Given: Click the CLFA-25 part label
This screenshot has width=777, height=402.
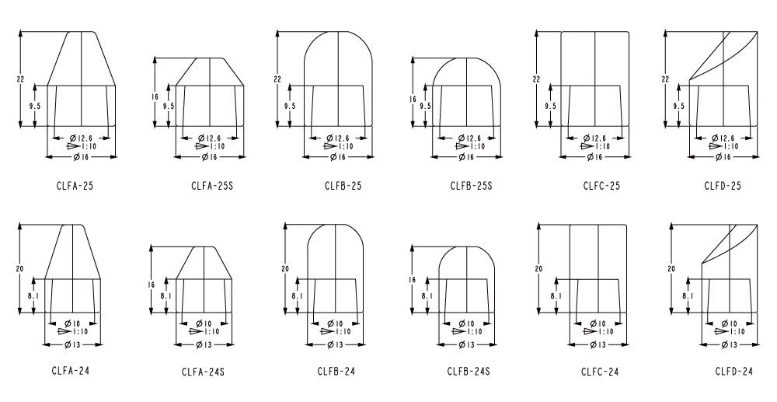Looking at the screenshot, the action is tap(75, 187).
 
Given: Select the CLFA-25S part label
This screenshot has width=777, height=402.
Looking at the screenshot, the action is tap(212, 187).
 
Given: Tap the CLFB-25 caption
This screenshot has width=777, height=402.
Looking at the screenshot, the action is tap(343, 187).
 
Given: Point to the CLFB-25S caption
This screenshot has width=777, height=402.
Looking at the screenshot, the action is tap(472, 187).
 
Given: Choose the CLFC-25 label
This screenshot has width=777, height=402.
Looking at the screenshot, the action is tap(601, 187).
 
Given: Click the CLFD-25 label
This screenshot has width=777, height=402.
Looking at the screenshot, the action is tap(723, 187).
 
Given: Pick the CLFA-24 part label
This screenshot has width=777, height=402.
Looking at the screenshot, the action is tap(71, 371).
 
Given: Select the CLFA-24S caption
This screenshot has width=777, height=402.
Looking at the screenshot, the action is tap(203, 372).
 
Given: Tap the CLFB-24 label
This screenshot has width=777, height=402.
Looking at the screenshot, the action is tap(336, 371).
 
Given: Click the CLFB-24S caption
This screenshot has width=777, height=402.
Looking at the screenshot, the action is tap(469, 371).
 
